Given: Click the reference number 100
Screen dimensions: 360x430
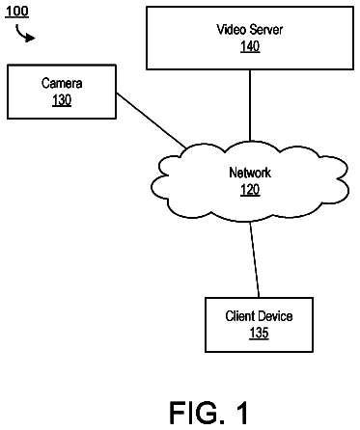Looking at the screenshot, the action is [17, 12].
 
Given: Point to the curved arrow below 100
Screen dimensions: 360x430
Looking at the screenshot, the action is [23, 35].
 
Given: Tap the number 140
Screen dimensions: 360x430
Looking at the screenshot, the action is [250, 46].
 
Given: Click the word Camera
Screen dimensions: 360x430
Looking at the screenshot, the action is [62, 83].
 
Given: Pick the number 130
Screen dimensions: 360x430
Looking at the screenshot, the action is [62, 100].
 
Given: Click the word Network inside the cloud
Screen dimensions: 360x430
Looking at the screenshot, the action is [250, 173].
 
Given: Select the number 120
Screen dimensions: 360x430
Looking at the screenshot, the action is [250, 190].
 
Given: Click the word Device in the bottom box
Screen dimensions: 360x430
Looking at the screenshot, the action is [275, 316].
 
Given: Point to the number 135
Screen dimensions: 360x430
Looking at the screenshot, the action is [259, 333].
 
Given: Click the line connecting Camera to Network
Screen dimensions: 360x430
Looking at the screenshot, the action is [152, 121].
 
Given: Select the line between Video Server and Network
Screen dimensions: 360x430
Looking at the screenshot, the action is [250, 105].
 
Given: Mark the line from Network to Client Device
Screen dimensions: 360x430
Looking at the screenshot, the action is [255, 259].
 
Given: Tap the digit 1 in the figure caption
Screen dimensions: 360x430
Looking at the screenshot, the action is [241, 413].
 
